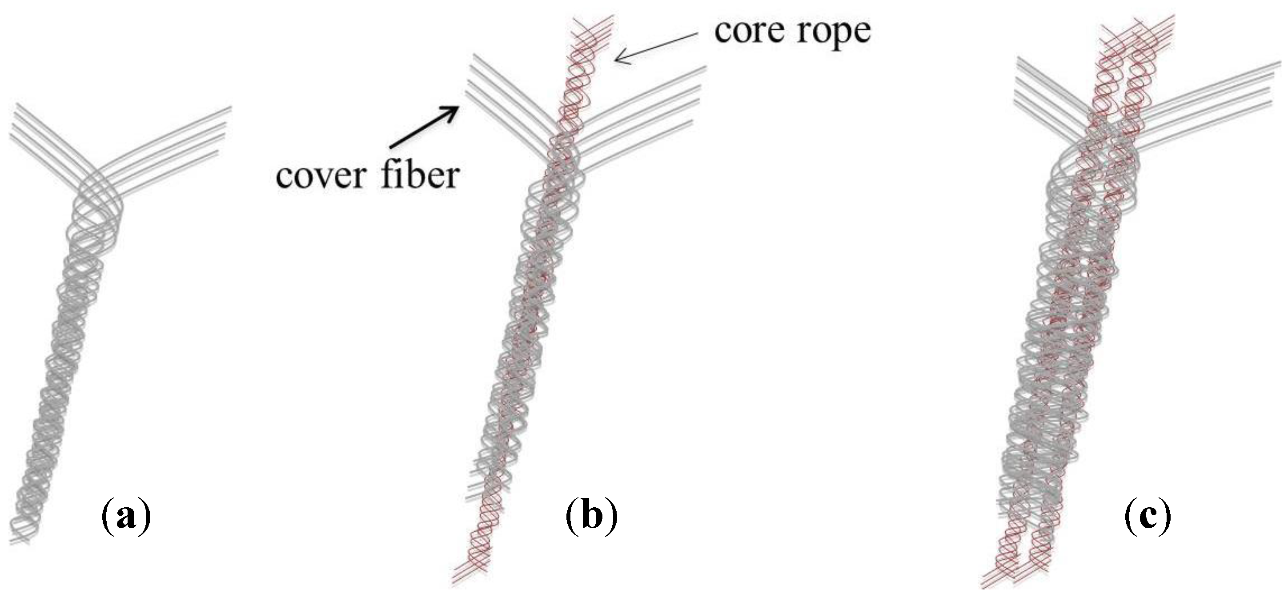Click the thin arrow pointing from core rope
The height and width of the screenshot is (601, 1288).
[x=655, y=48]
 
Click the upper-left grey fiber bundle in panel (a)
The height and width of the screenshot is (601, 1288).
[x=45, y=137]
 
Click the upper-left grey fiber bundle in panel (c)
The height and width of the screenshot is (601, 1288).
[x=1045, y=95]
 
